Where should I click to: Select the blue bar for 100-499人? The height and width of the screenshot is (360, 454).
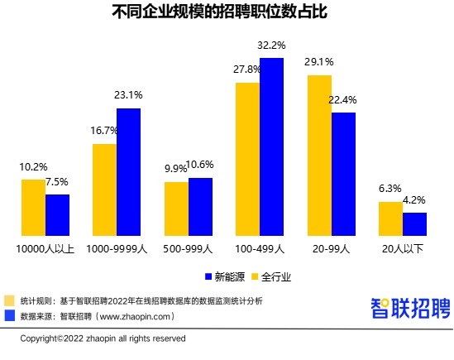272,146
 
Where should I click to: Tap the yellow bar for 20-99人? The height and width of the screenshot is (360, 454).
320,155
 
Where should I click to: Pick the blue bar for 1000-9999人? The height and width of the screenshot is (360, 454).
128,171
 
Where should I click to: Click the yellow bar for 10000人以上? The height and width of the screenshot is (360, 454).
33,207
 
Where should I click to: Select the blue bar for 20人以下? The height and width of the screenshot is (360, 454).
414,223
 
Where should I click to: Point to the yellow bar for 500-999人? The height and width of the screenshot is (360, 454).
176,208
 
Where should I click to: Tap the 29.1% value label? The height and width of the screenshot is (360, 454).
319,62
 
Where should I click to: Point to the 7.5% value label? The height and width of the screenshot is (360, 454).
57,182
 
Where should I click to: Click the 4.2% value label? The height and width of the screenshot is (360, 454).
415,199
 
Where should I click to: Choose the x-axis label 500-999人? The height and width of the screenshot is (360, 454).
188,247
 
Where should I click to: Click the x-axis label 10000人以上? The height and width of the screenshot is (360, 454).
45,247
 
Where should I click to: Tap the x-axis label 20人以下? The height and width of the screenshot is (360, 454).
402,247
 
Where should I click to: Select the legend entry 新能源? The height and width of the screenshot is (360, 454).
222,276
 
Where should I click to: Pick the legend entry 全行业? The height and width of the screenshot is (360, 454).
270,276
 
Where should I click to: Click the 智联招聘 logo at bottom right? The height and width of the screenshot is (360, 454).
409,308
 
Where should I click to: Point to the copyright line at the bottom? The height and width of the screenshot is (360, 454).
103,338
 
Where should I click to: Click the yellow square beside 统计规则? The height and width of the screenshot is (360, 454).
10,300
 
